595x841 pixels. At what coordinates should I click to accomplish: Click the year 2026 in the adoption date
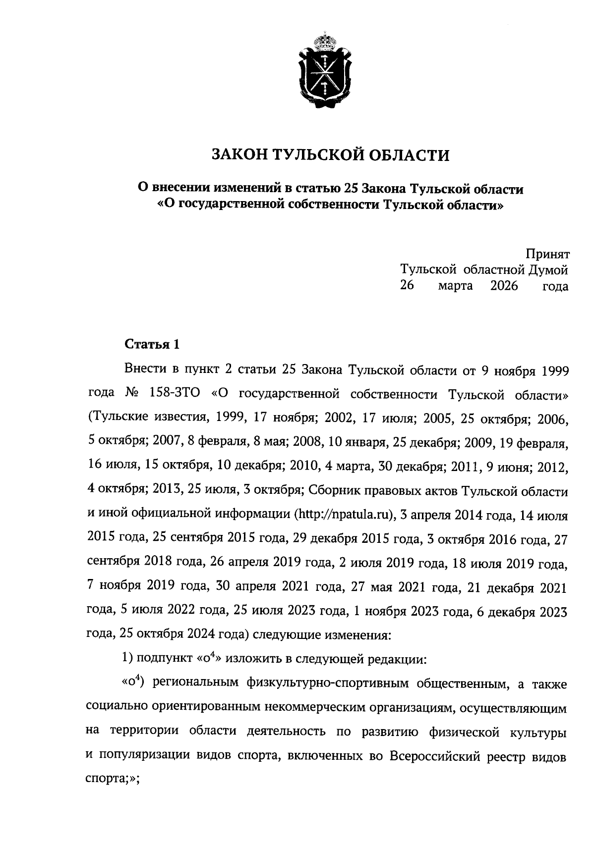tap(504, 286)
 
